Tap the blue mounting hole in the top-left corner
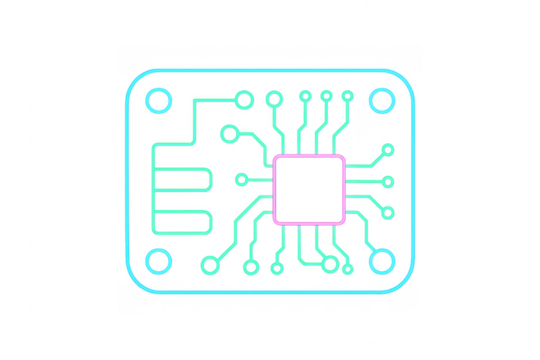click(158, 100)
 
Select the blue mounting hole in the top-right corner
click(382, 100)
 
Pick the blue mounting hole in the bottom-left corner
click(158, 263)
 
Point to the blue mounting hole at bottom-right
click(382, 263)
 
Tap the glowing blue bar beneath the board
click(270, 297)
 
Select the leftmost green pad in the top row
click(244, 97)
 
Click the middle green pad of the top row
click(305, 96)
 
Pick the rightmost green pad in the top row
click(347, 97)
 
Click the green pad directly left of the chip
click(241, 180)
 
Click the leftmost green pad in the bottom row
click(209, 266)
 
